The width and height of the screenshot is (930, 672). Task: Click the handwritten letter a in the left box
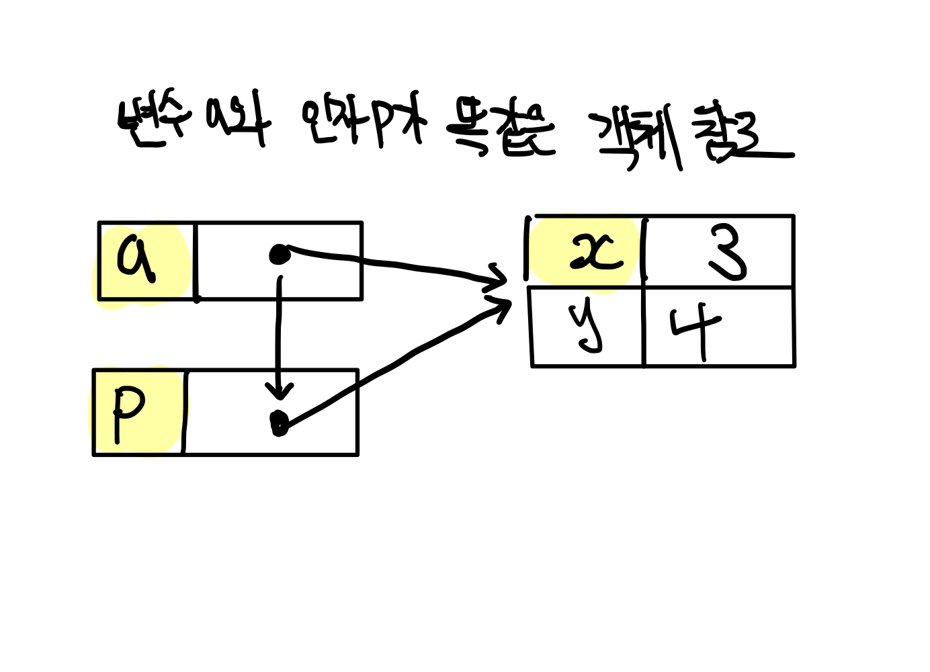pos(136,257)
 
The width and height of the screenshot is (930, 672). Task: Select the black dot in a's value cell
pos(279,254)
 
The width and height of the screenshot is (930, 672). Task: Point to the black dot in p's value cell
pos(279,422)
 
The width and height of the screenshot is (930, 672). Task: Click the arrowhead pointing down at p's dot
pos(279,390)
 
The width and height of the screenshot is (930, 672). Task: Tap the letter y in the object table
pos(586,327)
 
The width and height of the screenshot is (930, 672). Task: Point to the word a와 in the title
pos(239,122)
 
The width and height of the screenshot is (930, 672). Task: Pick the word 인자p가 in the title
pos(364,122)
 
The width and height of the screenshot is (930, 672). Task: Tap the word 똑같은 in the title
pos(501,129)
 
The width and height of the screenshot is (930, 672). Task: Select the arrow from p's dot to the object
pos(396,363)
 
